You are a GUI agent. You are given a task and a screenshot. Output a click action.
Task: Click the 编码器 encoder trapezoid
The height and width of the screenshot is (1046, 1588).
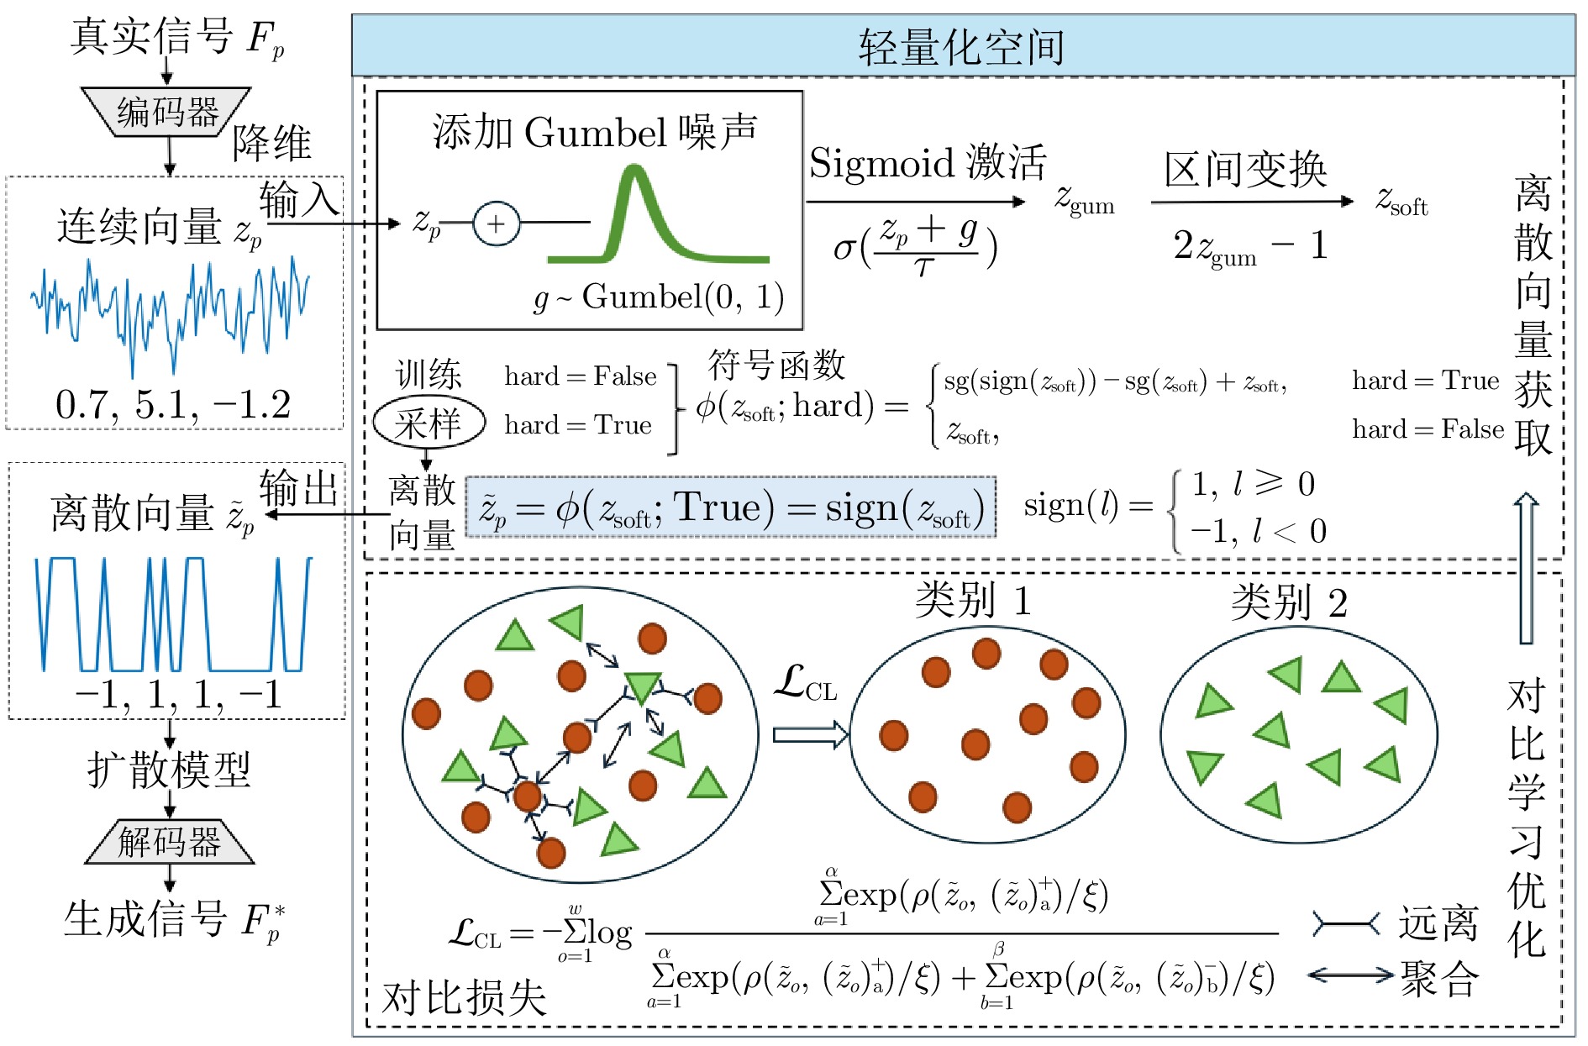coord(166,111)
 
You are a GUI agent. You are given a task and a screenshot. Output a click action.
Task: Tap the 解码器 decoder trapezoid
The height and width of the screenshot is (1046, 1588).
coord(169,841)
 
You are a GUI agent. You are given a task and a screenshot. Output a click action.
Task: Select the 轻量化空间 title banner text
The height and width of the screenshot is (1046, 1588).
coord(961,47)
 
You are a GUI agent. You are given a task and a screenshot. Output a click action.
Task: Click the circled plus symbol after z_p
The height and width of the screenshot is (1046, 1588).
coord(496,223)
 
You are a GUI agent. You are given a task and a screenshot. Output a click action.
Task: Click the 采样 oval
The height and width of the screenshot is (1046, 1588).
coord(429,423)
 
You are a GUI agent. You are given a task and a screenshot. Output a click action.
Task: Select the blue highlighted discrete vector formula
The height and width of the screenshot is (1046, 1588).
coord(730,507)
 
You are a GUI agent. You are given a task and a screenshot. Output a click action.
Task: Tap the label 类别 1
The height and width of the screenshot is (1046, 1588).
coord(973,601)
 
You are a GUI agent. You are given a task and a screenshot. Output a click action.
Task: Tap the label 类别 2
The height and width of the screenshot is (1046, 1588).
coord(1290,602)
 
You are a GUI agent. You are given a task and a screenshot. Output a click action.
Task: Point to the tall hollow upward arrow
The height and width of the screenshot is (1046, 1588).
coord(1526,568)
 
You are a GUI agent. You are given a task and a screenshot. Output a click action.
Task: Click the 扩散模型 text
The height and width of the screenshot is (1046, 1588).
coord(169,769)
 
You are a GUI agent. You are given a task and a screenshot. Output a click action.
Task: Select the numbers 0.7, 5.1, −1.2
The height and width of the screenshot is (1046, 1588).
coord(173,404)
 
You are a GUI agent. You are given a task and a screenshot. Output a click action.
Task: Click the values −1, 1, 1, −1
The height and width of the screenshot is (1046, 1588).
coord(178,695)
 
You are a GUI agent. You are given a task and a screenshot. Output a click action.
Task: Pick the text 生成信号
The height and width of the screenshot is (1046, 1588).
coord(145,918)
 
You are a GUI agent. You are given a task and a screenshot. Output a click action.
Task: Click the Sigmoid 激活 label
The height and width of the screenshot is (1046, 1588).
coord(928,163)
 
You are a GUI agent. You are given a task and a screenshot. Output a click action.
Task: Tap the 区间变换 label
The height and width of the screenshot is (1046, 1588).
coord(1245,170)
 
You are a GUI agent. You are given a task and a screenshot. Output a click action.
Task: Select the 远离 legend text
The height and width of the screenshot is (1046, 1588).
coord(1438,923)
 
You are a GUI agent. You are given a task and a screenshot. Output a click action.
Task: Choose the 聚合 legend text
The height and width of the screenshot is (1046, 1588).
coord(1438,979)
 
